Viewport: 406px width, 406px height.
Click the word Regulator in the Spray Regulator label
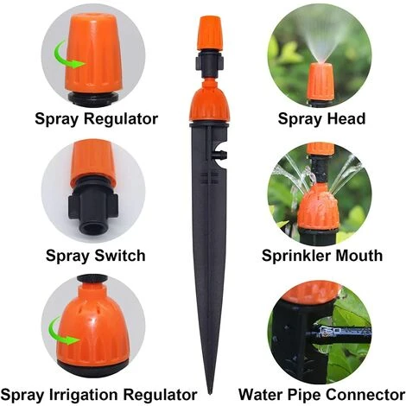pyautogui.click(x=121, y=118)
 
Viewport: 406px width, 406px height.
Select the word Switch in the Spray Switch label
pyautogui.click(x=120, y=256)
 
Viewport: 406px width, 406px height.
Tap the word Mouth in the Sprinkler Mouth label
pyautogui.click(x=359, y=256)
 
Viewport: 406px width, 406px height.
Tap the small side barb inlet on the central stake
pyautogui.click(x=220, y=155)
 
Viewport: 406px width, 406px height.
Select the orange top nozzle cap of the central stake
pyautogui.click(x=210, y=34)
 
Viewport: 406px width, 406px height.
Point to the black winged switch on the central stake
pyautogui.click(x=210, y=63)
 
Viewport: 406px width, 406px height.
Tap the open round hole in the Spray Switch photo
pyautogui.click(x=93, y=228)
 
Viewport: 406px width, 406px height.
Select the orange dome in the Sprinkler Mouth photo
pyautogui.click(x=317, y=206)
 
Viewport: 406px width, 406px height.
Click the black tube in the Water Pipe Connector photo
pyautogui.click(x=339, y=334)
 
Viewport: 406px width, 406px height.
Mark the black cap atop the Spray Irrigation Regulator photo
pyautogui.click(x=92, y=279)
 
